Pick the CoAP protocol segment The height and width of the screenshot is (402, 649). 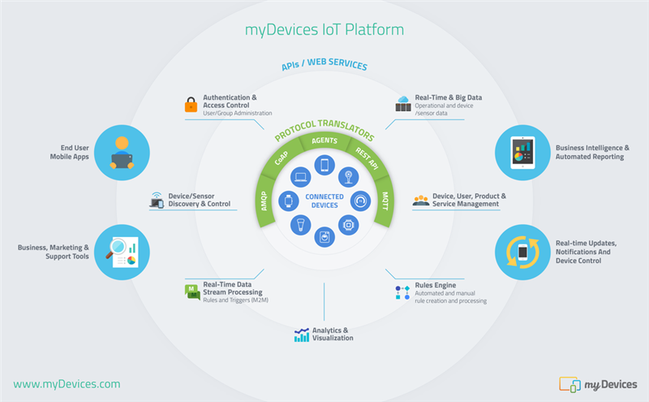(x=282, y=159)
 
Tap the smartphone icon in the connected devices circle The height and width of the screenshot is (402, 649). (x=324, y=166)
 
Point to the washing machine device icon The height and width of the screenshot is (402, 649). (x=324, y=237)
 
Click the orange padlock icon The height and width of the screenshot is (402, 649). (x=190, y=105)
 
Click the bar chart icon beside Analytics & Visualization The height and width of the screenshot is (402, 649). (x=301, y=335)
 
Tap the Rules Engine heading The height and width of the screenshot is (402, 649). (x=436, y=286)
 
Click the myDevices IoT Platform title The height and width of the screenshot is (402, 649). (x=324, y=30)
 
